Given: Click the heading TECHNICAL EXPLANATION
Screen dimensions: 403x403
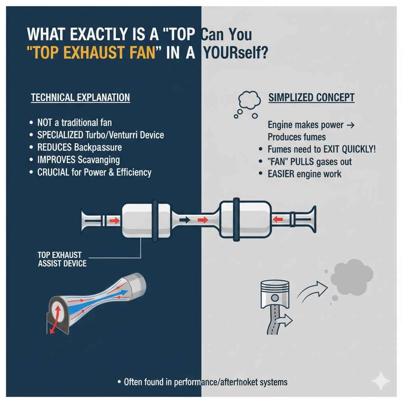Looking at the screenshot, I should pos(80,98).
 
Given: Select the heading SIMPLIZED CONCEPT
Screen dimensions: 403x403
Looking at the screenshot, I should pos(311,98).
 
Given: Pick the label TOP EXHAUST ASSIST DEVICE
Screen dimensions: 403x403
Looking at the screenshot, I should pos(62,259).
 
